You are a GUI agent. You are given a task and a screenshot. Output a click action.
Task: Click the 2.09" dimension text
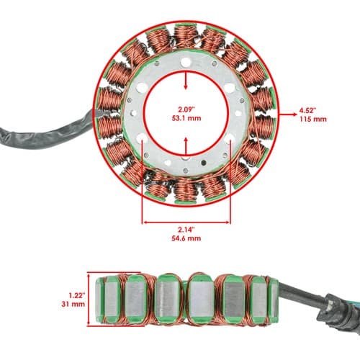point(186,109)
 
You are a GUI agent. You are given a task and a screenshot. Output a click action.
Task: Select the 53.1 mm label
point(186,118)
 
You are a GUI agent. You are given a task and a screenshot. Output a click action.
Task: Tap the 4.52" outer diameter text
point(307,111)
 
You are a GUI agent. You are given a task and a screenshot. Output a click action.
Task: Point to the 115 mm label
point(313,119)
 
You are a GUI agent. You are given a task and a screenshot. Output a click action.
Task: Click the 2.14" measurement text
point(186,230)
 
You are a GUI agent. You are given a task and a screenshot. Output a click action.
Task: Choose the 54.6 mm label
point(186,238)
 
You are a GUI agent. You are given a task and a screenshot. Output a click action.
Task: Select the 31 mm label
point(73,304)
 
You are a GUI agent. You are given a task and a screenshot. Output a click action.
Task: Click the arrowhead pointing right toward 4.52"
point(294,114)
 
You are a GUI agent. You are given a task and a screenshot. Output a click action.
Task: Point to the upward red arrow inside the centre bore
point(186,146)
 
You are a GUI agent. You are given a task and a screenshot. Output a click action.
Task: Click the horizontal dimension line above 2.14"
point(186,222)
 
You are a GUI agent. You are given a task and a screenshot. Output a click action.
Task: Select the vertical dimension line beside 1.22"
point(89,299)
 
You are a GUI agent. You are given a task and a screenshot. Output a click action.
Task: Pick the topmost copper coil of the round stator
point(186,36)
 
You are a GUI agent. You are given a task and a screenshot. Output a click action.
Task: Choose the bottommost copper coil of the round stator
point(185,192)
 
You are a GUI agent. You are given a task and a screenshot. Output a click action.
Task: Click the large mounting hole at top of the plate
point(186,63)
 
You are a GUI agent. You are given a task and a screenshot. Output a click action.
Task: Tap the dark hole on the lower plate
point(204,163)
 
